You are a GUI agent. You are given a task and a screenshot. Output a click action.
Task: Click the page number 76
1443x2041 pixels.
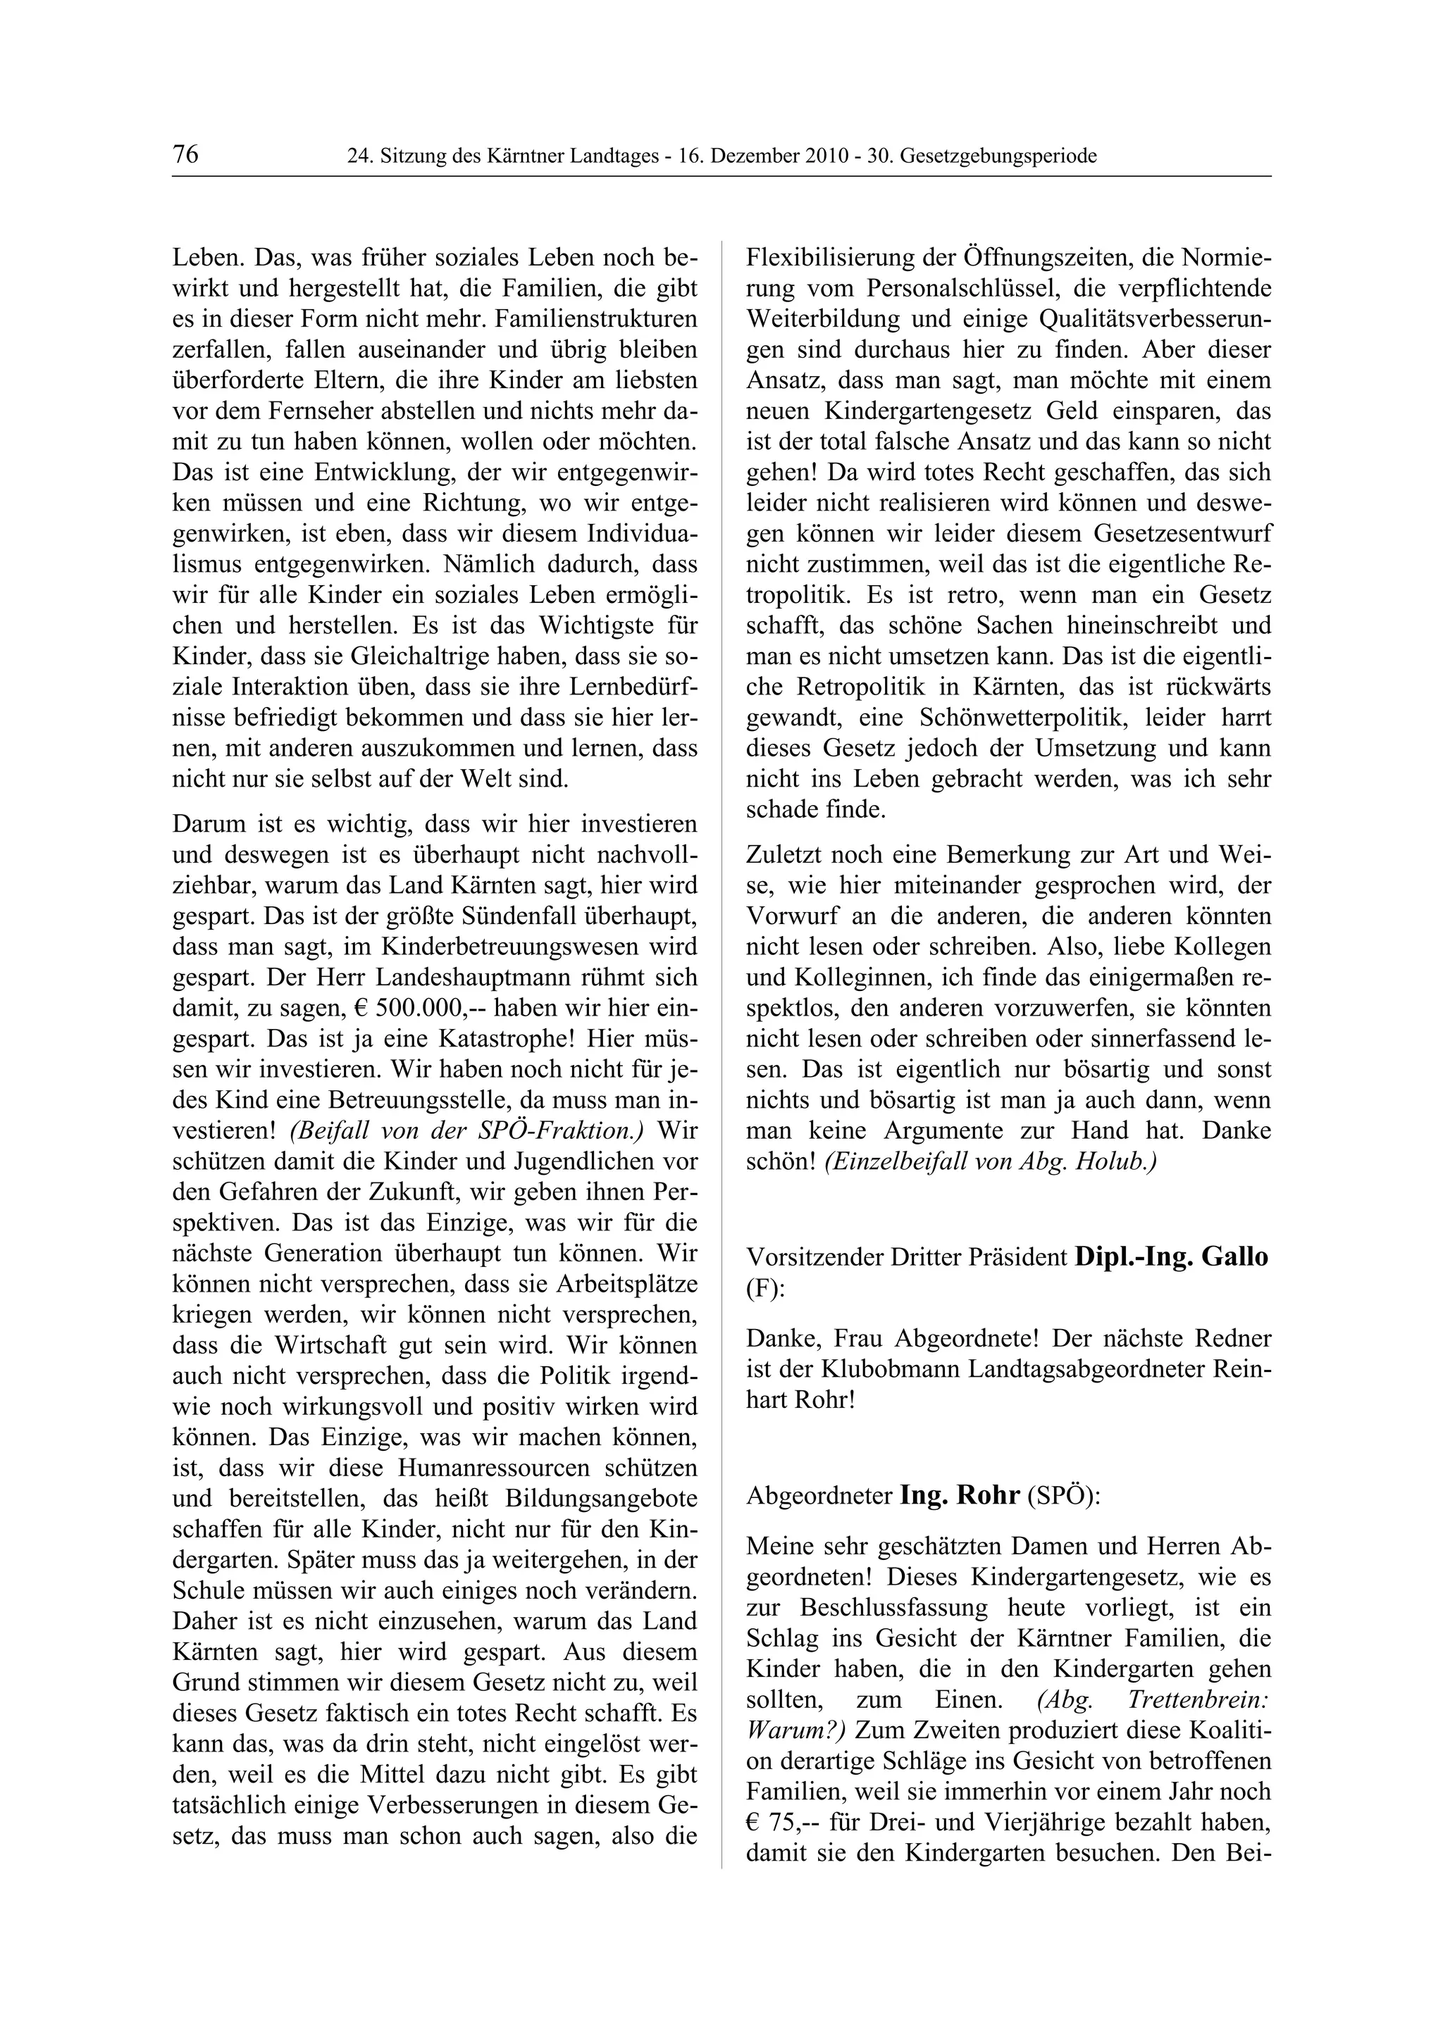[186, 155]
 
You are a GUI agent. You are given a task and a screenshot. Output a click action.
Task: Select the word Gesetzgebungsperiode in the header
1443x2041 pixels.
[998, 156]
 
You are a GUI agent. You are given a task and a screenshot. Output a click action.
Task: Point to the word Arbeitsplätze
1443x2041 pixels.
[626, 1285]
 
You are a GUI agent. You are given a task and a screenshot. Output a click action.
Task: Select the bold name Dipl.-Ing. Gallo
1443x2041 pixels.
[1171, 1257]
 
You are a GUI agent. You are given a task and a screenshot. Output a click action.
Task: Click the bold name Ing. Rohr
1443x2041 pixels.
[960, 1495]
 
